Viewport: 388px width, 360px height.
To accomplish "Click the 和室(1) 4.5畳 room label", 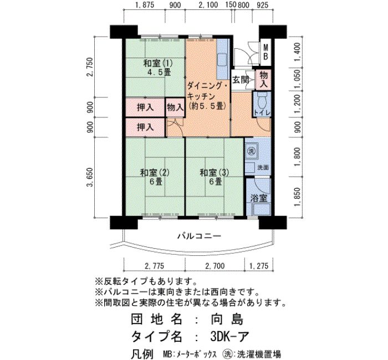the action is (158, 68).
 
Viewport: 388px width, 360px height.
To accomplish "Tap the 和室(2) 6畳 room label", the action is (155, 177).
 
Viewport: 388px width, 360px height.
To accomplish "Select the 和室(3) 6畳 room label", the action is (215, 177).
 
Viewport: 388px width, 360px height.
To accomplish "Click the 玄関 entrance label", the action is (241, 80).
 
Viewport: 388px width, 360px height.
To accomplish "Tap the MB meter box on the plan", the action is (266, 52).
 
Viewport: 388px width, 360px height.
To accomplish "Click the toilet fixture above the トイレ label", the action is (262, 100).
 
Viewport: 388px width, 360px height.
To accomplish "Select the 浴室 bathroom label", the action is (259, 198).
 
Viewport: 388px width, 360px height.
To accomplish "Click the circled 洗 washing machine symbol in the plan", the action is (252, 151).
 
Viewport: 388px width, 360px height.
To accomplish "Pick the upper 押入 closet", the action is (145, 107).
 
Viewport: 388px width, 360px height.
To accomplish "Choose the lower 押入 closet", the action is (145, 127).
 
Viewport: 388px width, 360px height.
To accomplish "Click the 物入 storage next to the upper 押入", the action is (175, 107).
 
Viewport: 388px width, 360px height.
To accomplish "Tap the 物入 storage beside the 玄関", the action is (264, 79).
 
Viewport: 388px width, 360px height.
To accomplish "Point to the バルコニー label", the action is (199, 236).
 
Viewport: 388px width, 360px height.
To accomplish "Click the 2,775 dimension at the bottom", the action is (155, 266).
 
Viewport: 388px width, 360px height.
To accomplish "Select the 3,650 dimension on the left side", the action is (90, 177).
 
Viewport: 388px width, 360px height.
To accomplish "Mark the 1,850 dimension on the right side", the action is (298, 197).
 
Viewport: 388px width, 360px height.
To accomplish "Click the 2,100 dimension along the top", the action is (208, 4).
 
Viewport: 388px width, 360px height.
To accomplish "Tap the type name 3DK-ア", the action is (229, 336).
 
